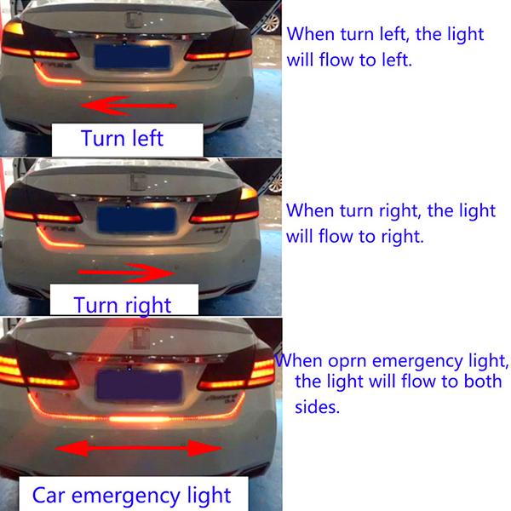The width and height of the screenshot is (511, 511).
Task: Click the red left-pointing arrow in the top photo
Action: click(129, 106)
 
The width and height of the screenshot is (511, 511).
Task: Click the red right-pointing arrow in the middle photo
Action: click(126, 273)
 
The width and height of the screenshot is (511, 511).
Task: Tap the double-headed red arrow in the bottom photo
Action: click(139, 448)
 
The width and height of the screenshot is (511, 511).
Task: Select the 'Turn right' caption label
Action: click(123, 301)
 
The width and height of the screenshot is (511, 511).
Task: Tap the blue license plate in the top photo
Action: click(133, 57)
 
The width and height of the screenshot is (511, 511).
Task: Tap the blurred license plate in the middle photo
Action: click(136, 220)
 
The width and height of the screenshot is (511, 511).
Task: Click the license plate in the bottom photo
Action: click(139, 385)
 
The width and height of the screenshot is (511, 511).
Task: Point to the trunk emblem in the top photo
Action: click(134, 20)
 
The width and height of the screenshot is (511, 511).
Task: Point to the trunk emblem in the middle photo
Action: click(139, 181)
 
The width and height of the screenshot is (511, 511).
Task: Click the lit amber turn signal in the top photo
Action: click(14, 28)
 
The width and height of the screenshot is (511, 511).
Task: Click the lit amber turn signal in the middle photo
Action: click(249, 193)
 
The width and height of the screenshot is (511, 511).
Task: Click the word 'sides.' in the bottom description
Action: click(317, 407)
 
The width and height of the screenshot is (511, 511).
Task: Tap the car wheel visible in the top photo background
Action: click(271, 23)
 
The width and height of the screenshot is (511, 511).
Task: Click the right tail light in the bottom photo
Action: click(237, 374)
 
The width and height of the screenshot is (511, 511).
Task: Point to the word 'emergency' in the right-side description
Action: click(417, 362)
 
